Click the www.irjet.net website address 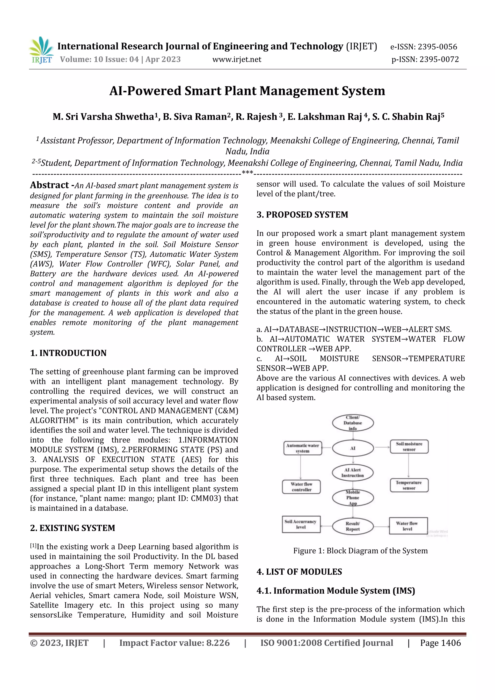(237, 59)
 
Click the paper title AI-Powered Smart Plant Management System (247, 91)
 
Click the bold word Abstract (49, 185)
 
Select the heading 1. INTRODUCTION (68, 353)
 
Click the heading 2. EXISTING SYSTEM (73, 528)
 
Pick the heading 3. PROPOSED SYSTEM (302, 215)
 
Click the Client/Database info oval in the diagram (353, 423)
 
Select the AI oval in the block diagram (353, 448)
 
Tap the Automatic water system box (302, 448)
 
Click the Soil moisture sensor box (409, 447)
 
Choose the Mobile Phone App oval (353, 498)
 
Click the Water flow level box (408, 526)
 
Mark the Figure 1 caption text (360, 551)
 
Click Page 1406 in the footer (440, 643)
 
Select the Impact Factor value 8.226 (174, 643)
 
